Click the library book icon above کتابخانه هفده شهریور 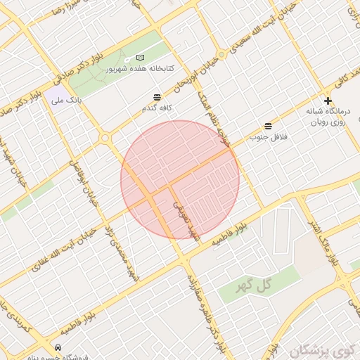[x=140, y=57]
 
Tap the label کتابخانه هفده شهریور [x=140, y=70]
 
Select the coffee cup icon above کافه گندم [x=157, y=97]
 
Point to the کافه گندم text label [x=157, y=108]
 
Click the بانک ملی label [x=66, y=101]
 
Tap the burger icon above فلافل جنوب [x=268, y=125]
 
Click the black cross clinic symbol [x=328, y=101]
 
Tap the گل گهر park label [x=255, y=283]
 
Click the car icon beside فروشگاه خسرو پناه [x=58, y=347]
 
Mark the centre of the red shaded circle [x=180, y=179]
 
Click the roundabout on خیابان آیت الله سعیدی [x=221, y=54]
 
